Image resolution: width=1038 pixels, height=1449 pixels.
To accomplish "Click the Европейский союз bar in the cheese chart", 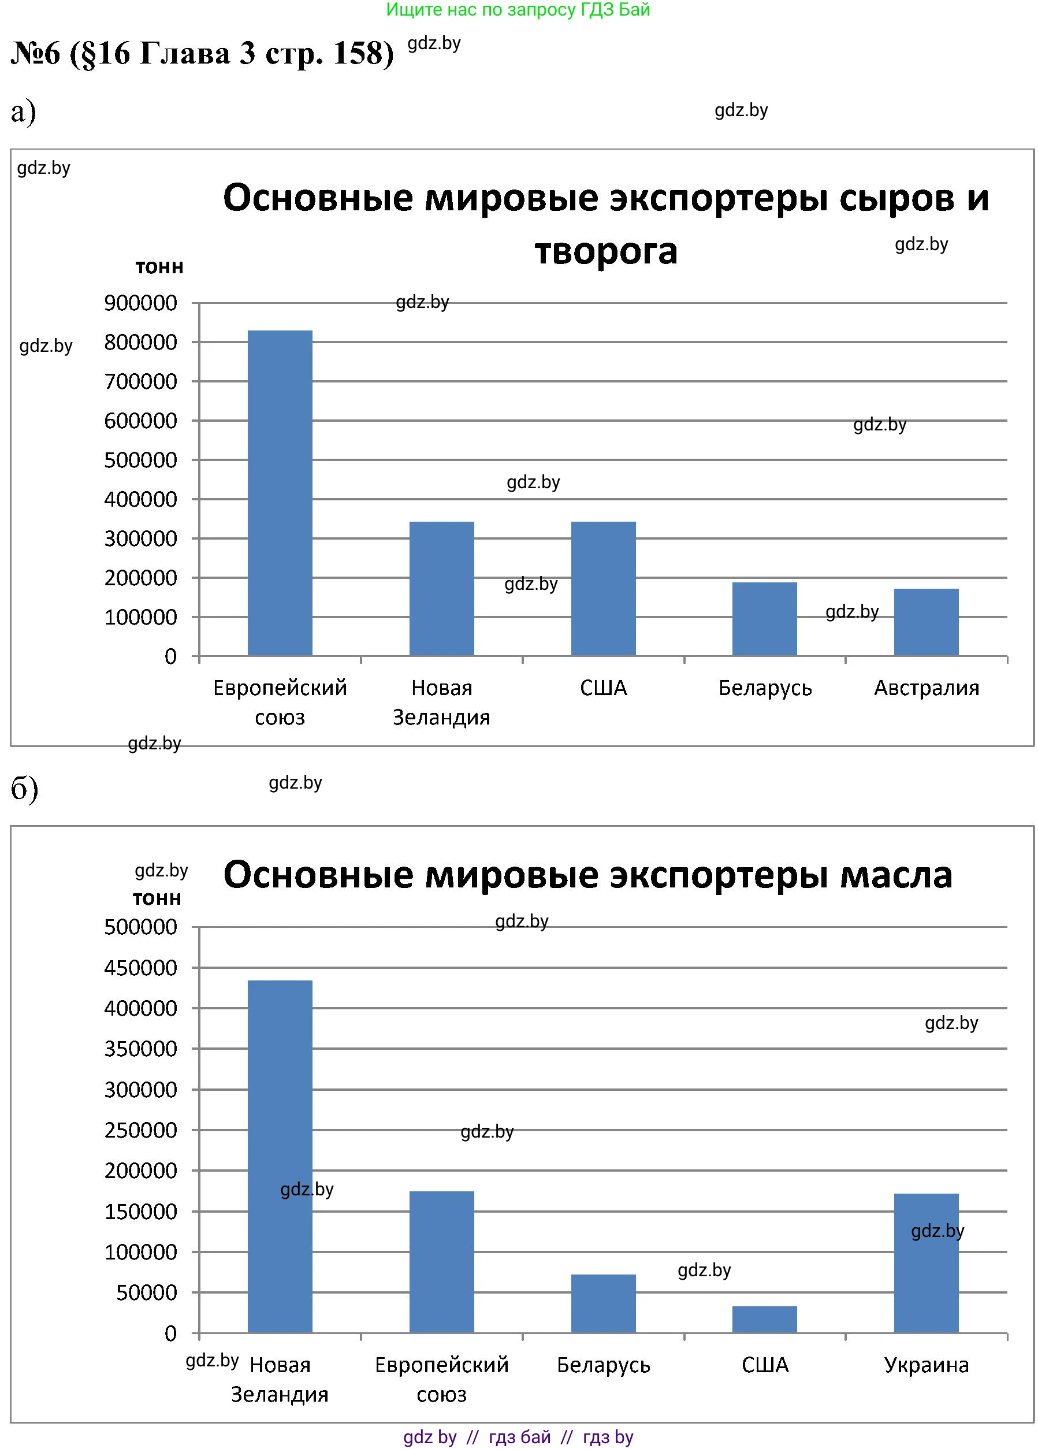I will pyautogui.click(x=280, y=493).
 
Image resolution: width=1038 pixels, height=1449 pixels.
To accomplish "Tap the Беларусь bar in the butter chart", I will pyautogui.click(x=603, y=1303).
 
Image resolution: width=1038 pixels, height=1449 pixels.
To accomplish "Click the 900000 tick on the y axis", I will pyautogui.click(x=140, y=303).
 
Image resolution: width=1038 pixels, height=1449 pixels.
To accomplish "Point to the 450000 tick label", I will pyautogui.click(x=140, y=968).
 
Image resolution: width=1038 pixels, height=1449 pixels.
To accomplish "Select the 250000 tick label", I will pyautogui.click(x=140, y=1130).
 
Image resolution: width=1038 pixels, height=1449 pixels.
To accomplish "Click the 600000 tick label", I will pyautogui.click(x=140, y=421).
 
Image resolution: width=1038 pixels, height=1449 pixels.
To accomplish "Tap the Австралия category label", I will pyautogui.click(x=926, y=688).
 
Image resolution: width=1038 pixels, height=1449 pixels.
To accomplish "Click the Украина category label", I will pyautogui.click(x=926, y=1365).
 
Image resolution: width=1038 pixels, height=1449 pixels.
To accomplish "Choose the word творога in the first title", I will pyautogui.click(x=605, y=251).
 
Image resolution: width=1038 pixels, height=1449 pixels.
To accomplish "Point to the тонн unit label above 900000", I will pyautogui.click(x=159, y=267).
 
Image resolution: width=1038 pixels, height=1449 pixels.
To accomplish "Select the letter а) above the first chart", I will pyautogui.click(x=24, y=113).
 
